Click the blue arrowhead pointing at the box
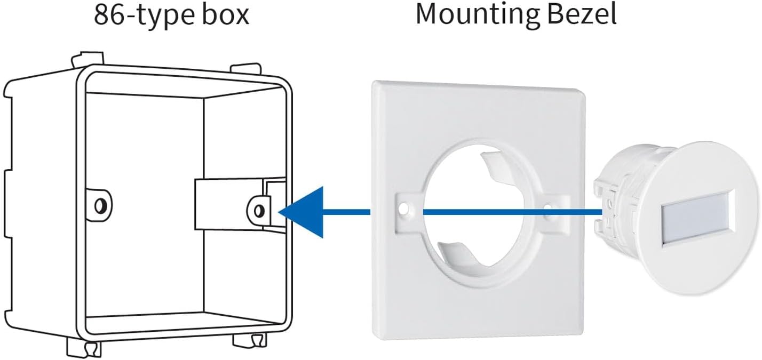click(x=304, y=212)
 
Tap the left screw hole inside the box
click(x=100, y=204)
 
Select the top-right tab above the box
click(x=246, y=70)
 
